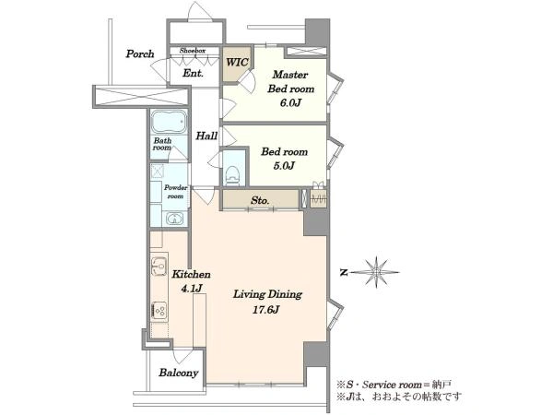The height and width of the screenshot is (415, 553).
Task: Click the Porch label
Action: coord(140,54)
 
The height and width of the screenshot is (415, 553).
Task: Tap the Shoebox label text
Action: coord(193,51)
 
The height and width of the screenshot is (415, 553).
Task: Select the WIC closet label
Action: coord(238,63)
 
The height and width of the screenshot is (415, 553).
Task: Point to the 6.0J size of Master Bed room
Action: coord(291,103)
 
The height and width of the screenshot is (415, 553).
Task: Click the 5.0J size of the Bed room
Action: coord(284,165)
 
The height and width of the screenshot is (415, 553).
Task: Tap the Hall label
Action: coord(206,136)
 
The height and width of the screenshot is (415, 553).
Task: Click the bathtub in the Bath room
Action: coord(169,122)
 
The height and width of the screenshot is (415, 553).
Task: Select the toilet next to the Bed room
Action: coord(232,174)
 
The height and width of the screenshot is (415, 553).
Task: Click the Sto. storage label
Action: coord(260,200)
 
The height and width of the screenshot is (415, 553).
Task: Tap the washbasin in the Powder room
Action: coord(173,219)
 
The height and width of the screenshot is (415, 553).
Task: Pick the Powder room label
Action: coord(175,192)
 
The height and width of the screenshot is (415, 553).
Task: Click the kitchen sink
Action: coord(159,267)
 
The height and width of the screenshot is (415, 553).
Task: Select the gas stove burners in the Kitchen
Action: coord(159,311)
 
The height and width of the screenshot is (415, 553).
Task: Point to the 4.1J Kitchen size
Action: coord(192,289)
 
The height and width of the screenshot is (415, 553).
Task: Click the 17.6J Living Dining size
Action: coord(266,310)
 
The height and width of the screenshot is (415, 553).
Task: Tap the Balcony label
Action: coord(179,373)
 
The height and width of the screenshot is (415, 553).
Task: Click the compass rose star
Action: coord(377,272)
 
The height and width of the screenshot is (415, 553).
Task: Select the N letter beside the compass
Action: coord(344,272)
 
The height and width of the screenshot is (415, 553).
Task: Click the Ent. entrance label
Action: coord(193,74)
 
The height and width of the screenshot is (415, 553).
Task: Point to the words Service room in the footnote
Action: coord(392,385)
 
